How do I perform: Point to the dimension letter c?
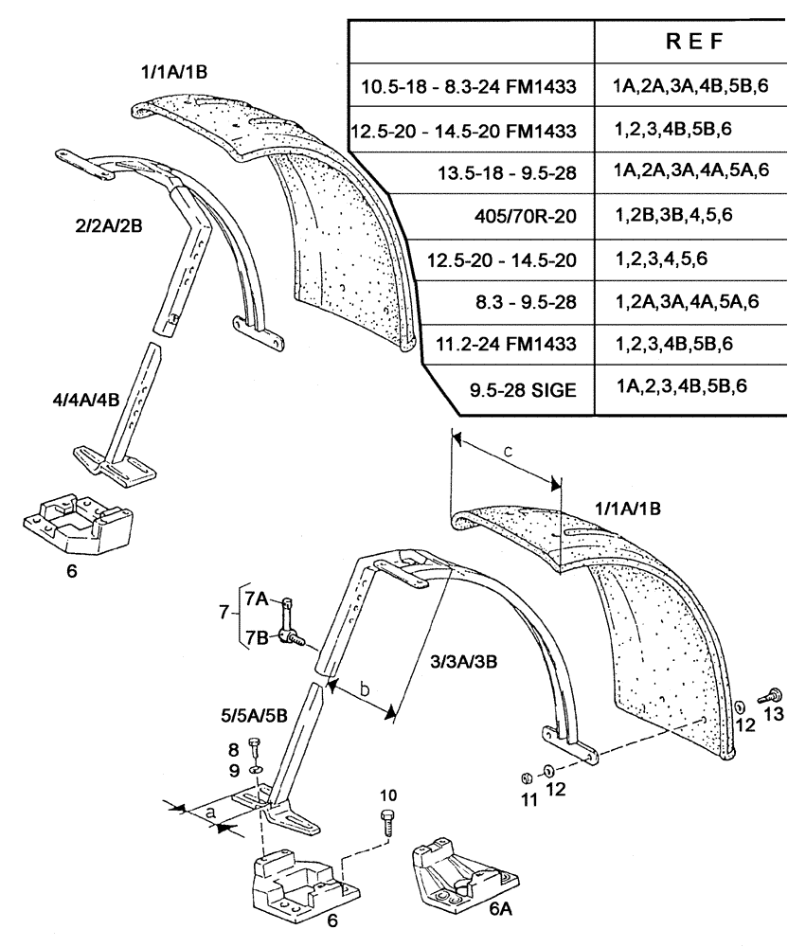pos(508,452)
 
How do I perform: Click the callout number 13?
pos(774,714)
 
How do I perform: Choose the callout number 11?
pos(529,799)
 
